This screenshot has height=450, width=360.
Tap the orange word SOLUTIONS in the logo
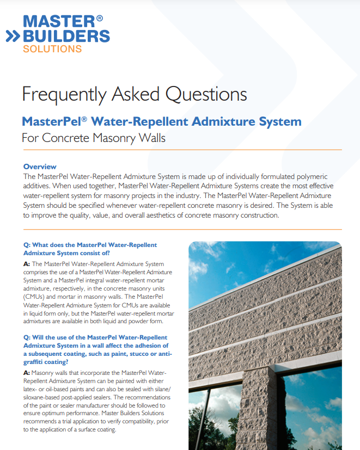52,49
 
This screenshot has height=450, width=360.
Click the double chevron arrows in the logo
13,36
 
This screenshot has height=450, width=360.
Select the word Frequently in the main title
64,94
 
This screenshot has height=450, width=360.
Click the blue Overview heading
40,167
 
